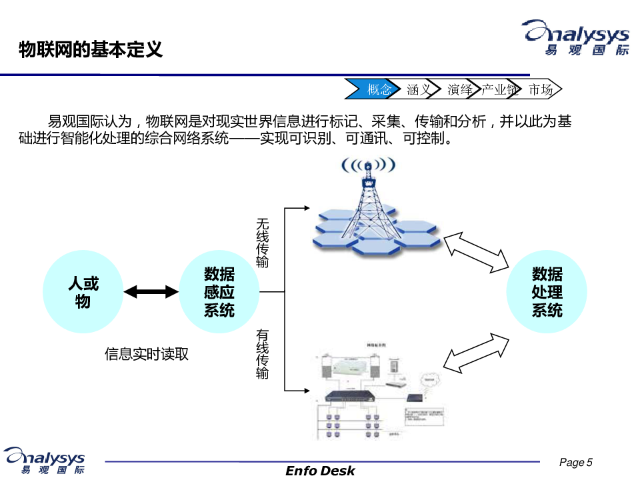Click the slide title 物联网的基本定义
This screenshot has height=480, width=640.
tap(90, 49)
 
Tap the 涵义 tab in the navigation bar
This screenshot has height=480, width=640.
tap(419, 89)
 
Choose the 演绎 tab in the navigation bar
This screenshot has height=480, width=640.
tap(460, 89)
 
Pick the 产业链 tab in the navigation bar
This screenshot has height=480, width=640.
tap(500, 89)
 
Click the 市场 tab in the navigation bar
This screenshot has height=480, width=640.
tap(541, 89)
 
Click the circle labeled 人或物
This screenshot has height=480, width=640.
tap(83, 292)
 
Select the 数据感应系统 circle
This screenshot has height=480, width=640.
tap(219, 292)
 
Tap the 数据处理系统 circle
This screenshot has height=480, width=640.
tap(547, 292)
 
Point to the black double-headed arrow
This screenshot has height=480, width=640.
tap(151, 291)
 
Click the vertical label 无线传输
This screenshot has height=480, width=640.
tap(263, 243)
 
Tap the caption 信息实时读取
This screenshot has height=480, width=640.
tap(147, 354)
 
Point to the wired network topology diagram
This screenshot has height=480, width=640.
tap(373, 393)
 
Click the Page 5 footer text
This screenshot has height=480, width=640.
tap(575, 463)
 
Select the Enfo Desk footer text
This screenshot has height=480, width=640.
tap(320, 471)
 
